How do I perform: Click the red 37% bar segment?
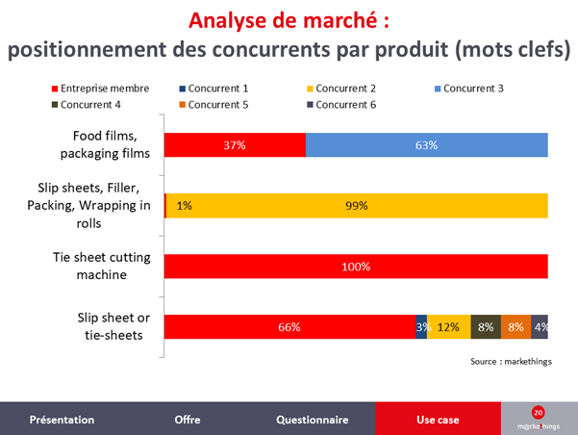pyautogui.click(x=235, y=145)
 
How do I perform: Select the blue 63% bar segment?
pyautogui.click(x=426, y=145)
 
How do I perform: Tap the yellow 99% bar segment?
pyautogui.click(x=357, y=206)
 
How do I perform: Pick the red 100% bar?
pyautogui.click(x=356, y=266)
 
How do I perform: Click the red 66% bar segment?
pyautogui.click(x=290, y=326)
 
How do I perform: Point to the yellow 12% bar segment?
pyautogui.click(x=448, y=326)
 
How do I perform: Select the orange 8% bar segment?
pyautogui.click(x=515, y=326)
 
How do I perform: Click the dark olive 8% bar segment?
pyautogui.click(x=486, y=326)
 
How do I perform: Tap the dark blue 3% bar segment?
pyautogui.click(x=421, y=326)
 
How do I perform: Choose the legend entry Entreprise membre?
pyautogui.click(x=100, y=89)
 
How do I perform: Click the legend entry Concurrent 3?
pyautogui.click(x=469, y=89)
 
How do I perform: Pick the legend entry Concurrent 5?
pyautogui.click(x=214, y=105)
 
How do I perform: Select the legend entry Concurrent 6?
pyautogui.click(x=341, y=105)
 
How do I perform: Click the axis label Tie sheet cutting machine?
pyautogui.click(x=102, y=266)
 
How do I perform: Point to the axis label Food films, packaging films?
pyautogui.click(x=105, y=144)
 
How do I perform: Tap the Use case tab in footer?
pyautogui.click(x=439, y=419)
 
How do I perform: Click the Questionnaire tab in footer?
pyautogui.click(x=313, y=419)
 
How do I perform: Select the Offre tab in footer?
pyautogui.click(x=188, y=419)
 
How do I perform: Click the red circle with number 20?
pyautogui.click(x=539, y=413)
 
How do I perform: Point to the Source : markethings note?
pyautogui.click(x=511, y=362)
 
